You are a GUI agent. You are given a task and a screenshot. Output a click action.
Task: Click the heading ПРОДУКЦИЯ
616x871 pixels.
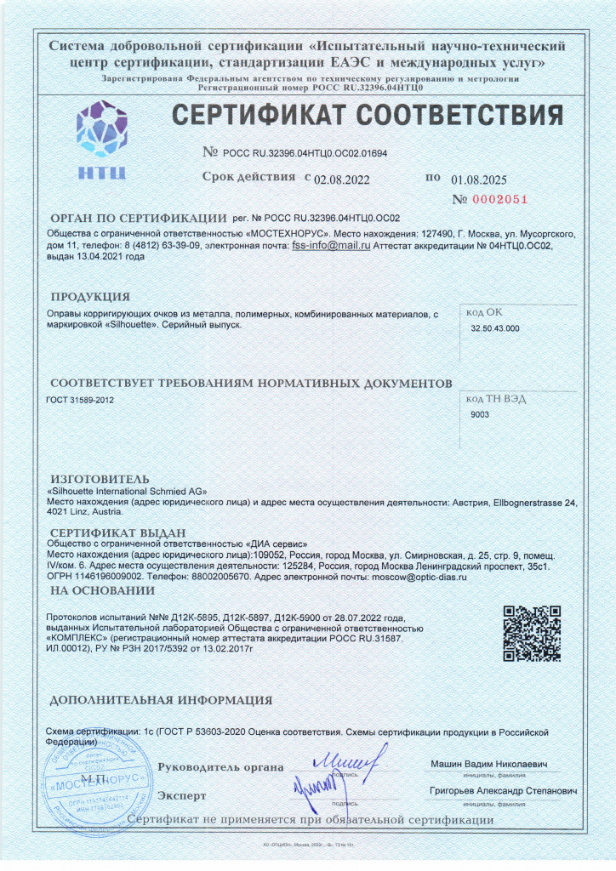90,297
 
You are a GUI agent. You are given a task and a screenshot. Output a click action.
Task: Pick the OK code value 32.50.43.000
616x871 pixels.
495,327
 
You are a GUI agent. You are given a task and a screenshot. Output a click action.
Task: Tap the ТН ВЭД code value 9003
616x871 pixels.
481,414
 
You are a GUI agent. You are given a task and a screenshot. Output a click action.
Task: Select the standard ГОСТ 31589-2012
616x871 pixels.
79,398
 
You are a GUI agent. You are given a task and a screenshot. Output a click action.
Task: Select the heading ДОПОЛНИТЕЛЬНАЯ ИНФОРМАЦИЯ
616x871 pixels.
161,701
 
